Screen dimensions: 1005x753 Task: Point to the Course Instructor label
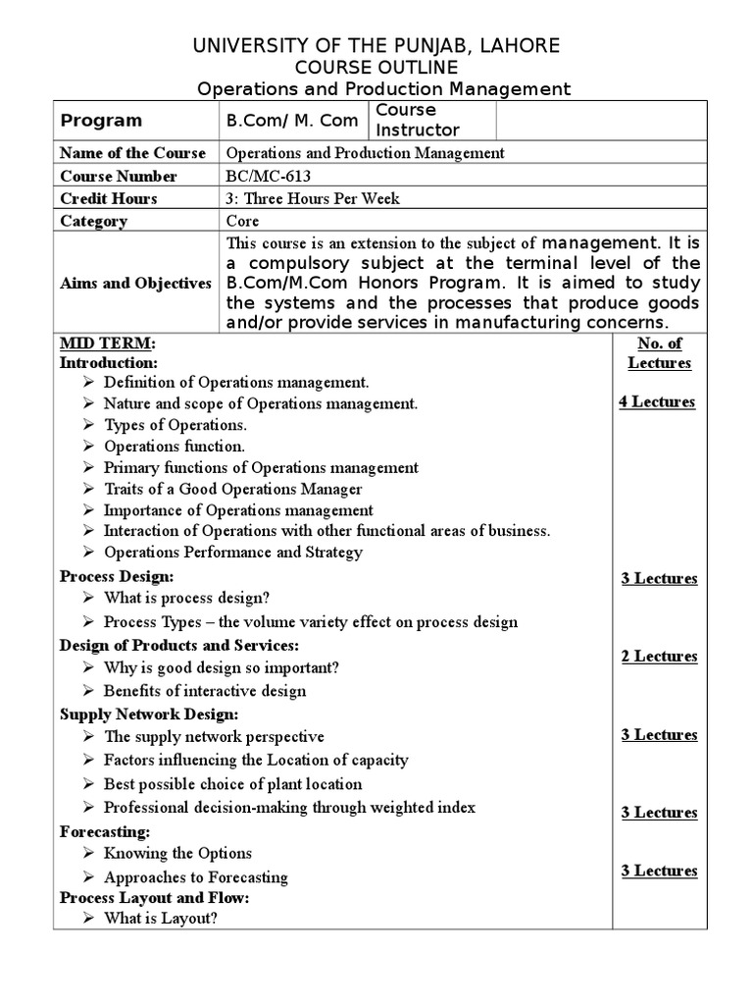coord(418,120)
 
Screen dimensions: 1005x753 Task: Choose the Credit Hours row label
coord(108,198)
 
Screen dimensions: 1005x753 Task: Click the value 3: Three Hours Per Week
coord(313,198)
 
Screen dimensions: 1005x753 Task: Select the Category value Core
coord(242,221)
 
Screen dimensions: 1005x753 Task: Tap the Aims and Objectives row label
coord(135,283)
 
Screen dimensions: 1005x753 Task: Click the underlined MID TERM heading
coord(106,343)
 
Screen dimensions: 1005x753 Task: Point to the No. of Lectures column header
coord(659,353)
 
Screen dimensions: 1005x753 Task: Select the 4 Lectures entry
coord(657,401)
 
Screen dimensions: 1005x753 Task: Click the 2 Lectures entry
coord(659,656)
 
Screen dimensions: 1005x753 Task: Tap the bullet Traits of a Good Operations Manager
coord(232,489)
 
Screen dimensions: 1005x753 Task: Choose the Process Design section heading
coord(117,576)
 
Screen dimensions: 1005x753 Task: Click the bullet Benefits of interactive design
coord(205,690)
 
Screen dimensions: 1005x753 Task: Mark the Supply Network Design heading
coord(149,714)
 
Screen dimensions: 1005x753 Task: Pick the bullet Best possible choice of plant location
coord(232,783)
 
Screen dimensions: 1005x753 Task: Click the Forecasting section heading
coord(105,831)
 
